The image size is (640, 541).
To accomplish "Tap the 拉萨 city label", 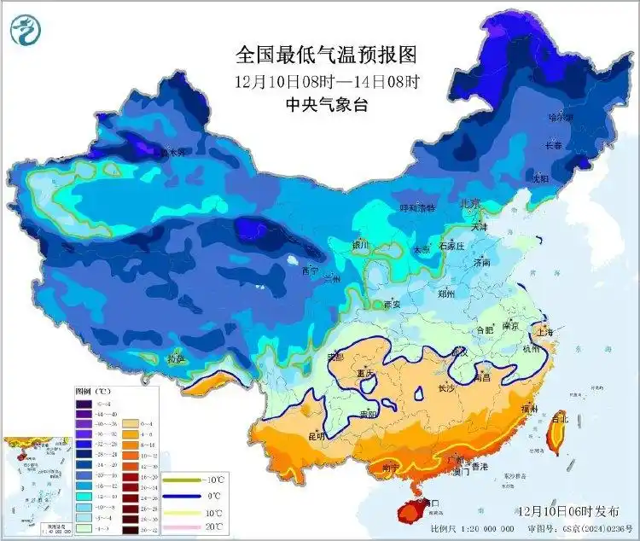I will click(176, 359).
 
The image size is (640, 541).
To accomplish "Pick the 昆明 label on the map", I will click(317, 435).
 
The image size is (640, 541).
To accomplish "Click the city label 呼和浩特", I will click(418, 207).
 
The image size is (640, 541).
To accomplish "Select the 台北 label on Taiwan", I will click(559, 418).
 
